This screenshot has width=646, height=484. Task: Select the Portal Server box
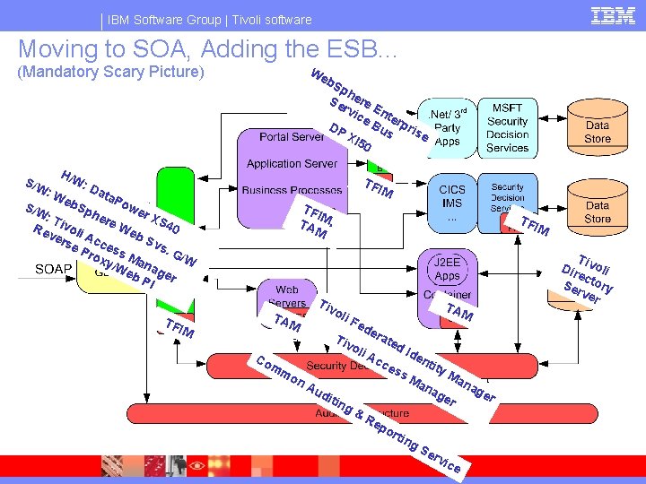(x=292, y=137)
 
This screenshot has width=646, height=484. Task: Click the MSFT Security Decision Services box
(x=508, y=128)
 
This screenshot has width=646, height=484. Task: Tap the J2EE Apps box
(x=448, y=270)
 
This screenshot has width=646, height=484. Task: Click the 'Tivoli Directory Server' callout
(x=590, y=278)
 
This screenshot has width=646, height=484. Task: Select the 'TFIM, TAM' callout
(x=315, y=220)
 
